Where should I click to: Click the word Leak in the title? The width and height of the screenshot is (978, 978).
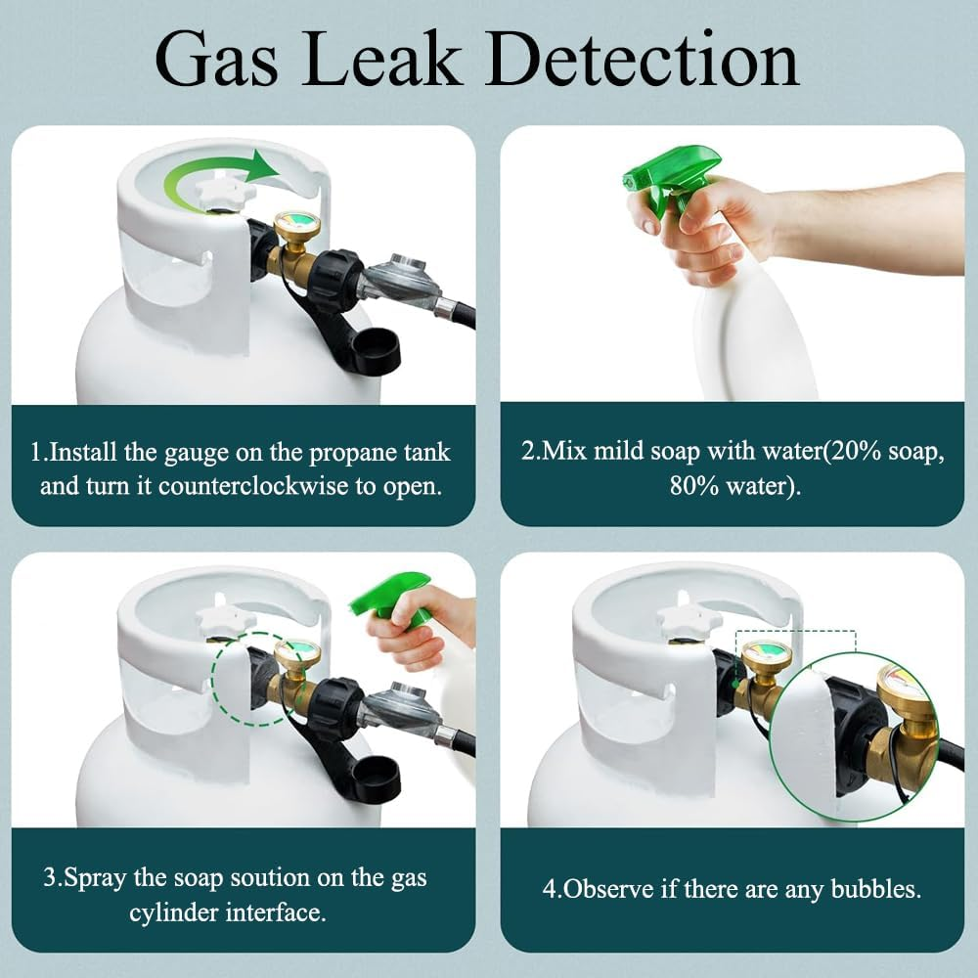381,60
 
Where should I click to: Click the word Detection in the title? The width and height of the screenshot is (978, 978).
642,60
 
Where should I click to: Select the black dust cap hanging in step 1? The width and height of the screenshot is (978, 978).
375,350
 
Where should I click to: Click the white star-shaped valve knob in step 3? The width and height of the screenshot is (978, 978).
226,618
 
